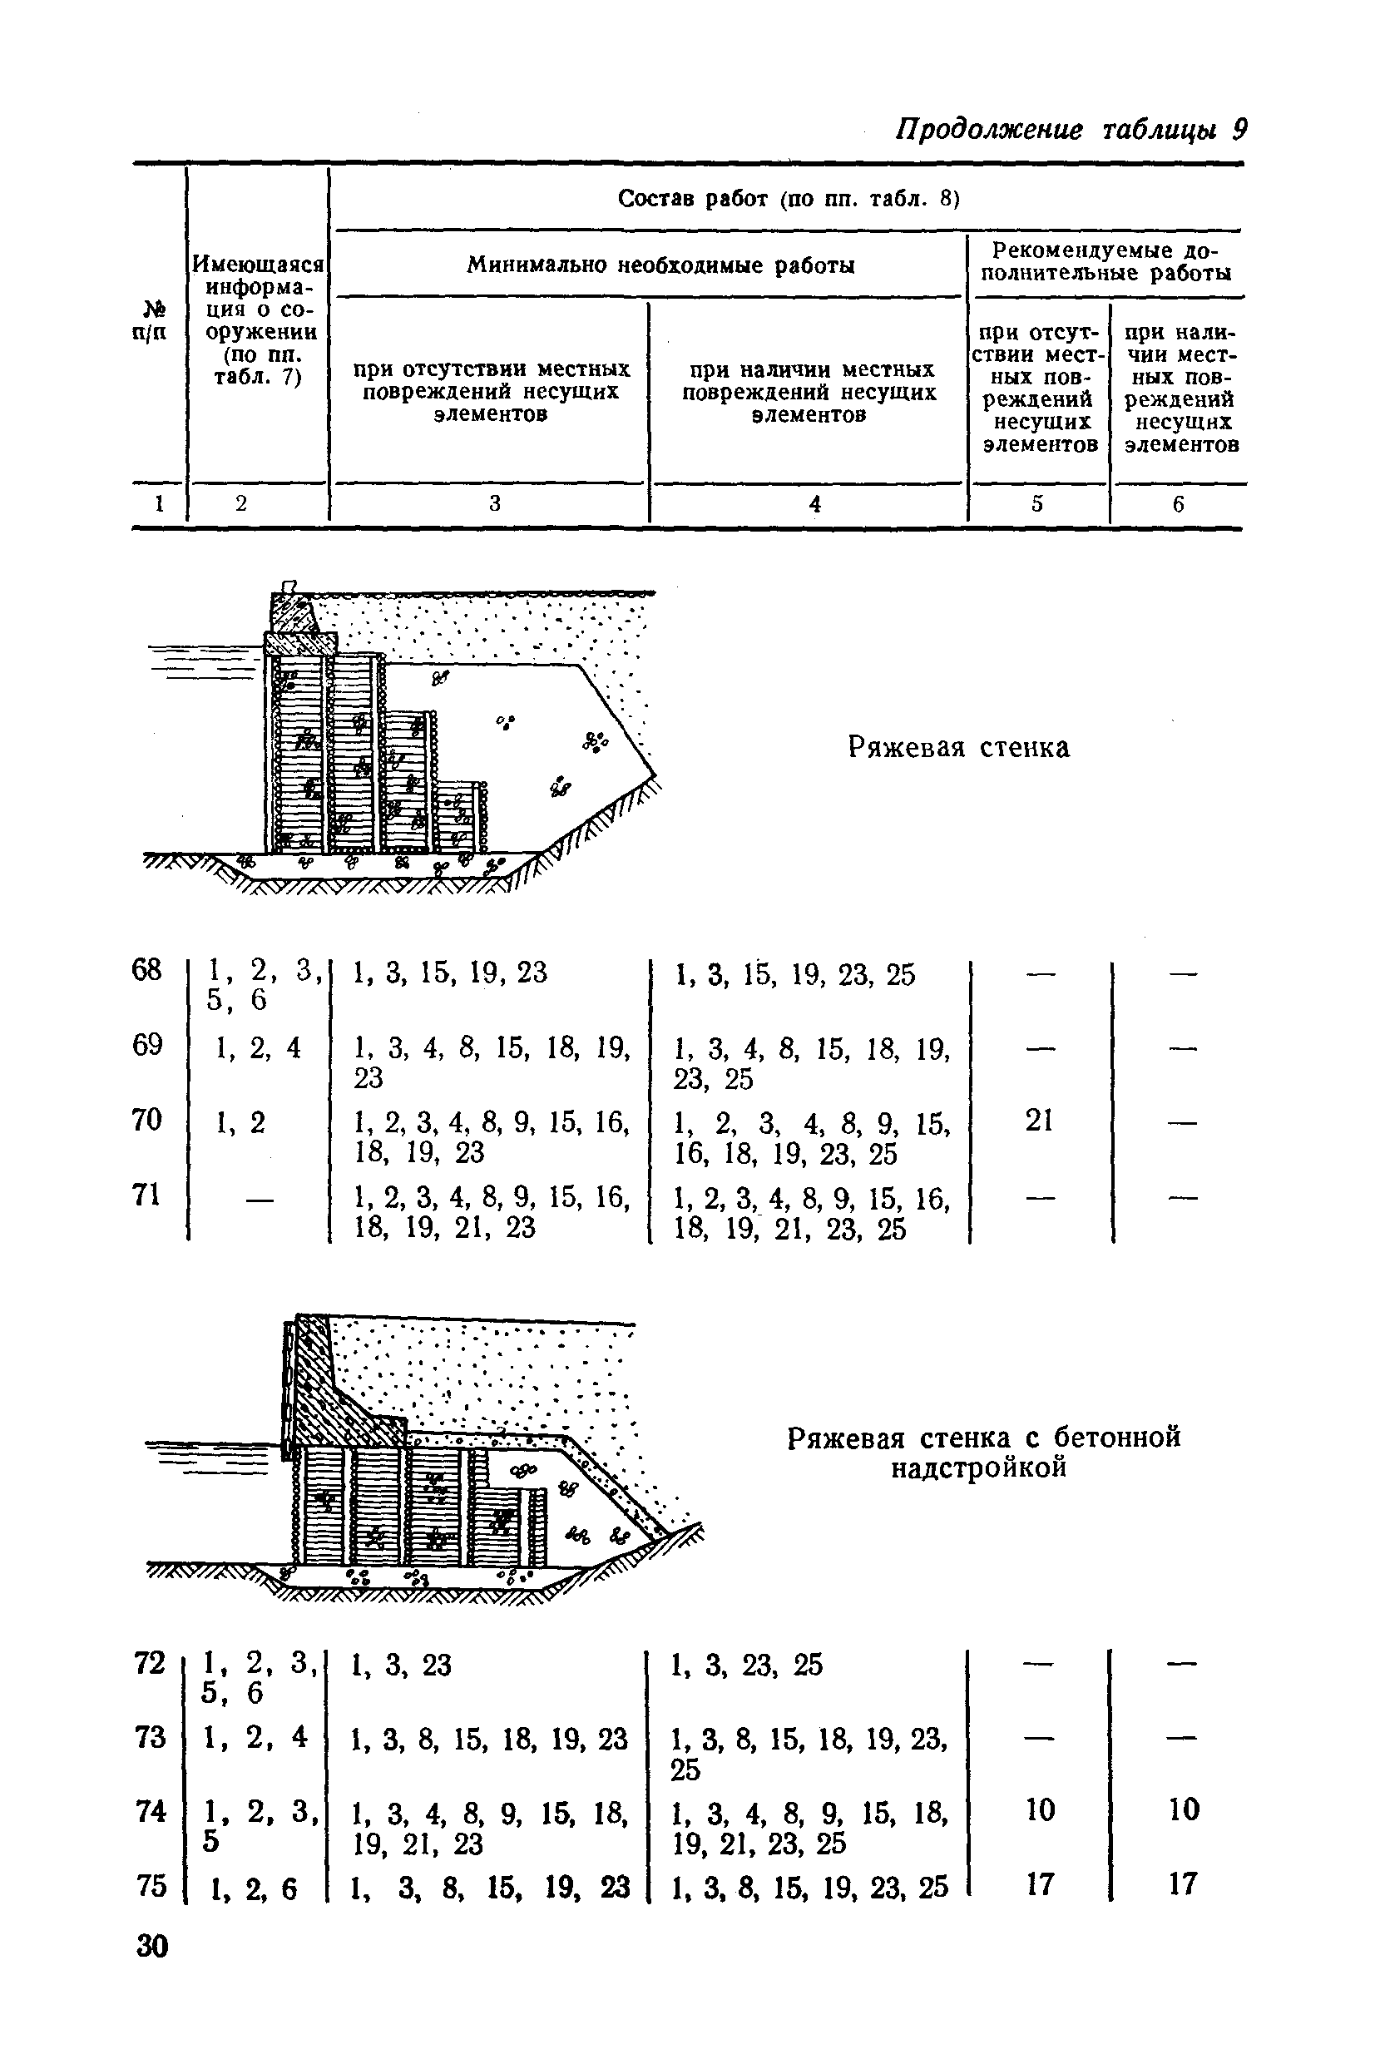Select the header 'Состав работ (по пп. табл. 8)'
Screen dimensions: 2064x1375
point(789,199)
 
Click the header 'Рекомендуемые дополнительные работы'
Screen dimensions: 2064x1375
point(1106,261)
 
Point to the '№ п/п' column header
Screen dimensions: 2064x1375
point(151,321)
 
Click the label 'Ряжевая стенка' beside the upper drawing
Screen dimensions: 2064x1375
point(958,748)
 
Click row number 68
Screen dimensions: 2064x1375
point(147,971)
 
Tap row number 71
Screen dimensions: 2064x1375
point(147,1195)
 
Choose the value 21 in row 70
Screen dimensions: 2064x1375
point(1039,1121)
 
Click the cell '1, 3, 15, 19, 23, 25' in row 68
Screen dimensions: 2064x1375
point(794,974)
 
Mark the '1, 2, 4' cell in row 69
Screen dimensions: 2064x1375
point(258,1047)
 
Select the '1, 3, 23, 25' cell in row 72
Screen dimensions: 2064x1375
point(747,1665)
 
